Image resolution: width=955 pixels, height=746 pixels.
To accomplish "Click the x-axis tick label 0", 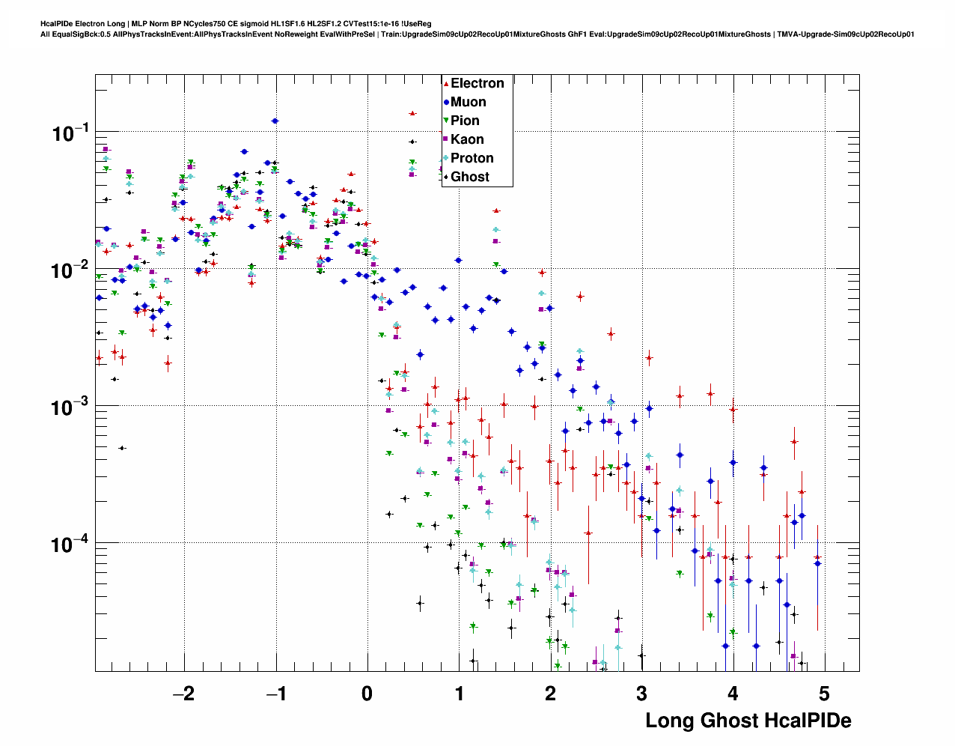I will pyautogui.click(x=367, y=694).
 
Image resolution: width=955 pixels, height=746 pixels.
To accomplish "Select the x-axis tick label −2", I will pyautogui.click(x=183, y=694).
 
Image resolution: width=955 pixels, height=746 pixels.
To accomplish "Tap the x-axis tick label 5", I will pyautogui.click(x=824, y=694).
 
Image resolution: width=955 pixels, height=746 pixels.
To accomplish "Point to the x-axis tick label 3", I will pyautogui.click(x=641, y=694).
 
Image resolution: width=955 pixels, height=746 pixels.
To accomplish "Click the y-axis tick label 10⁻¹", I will pyautogui.click(x=70, y=134).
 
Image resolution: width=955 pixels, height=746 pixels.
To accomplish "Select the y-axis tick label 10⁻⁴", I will pyautogui.click(x=70, y=544).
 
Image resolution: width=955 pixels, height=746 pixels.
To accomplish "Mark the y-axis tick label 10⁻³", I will pyautogui.click(x=70, y=407).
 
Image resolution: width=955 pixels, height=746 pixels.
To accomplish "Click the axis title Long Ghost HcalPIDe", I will pyautogui.click(x=748, y=721).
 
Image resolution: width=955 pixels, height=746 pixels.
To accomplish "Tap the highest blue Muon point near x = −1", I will pyautogui.click(x=275, y=121).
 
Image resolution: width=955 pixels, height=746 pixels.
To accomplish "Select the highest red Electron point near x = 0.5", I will pyautogui.click(x=412, y=114).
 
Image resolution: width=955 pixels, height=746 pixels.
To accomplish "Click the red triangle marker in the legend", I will pyautogui.click(x=446, y=83).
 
